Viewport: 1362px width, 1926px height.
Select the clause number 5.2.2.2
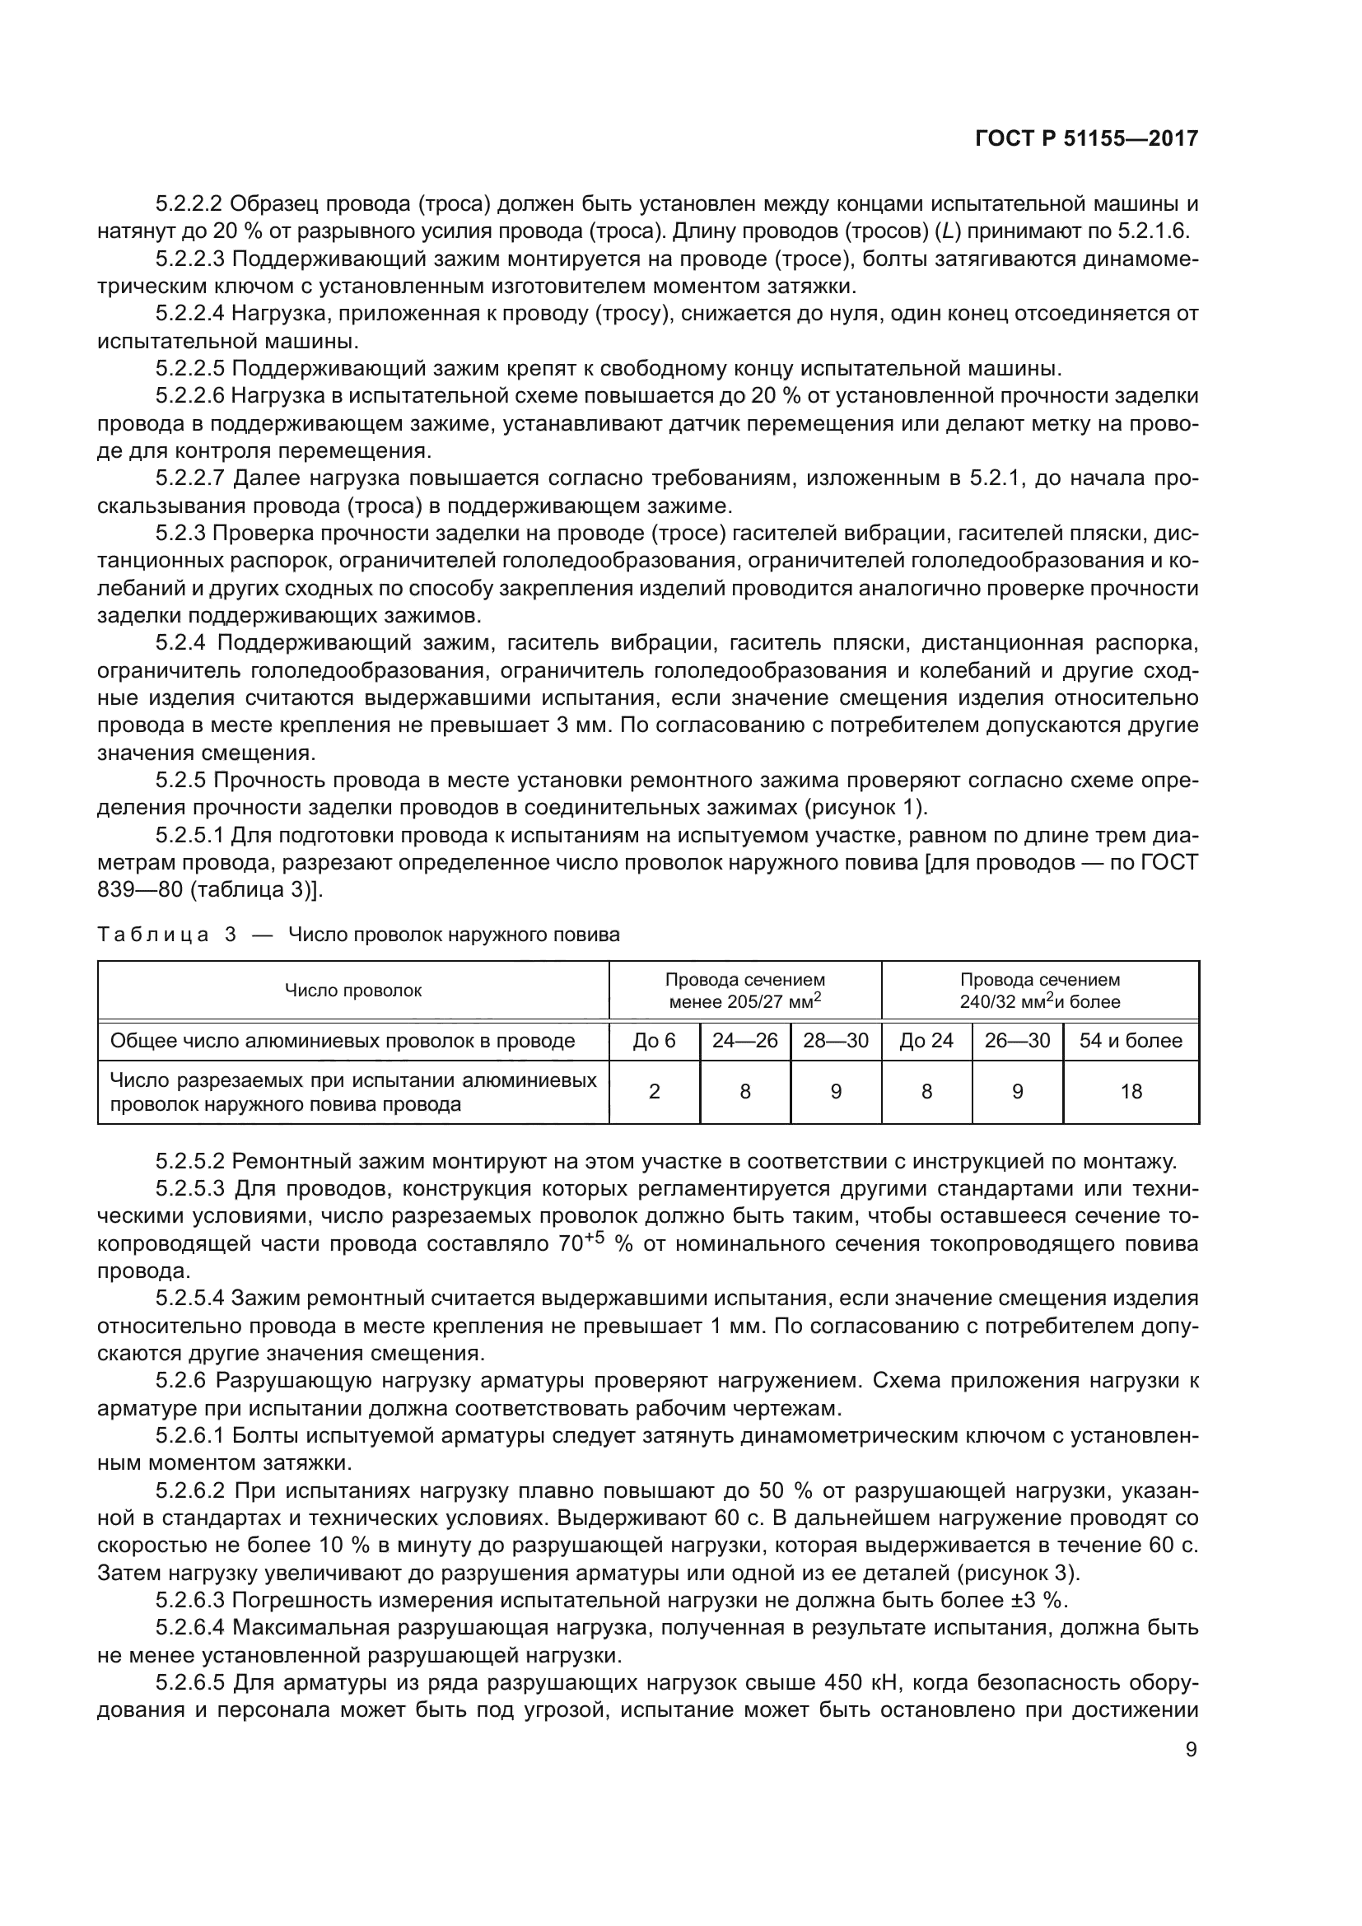189,204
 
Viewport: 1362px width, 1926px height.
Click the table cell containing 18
1131,1091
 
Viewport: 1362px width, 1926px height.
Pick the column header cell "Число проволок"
353,991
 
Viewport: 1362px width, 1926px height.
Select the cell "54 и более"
1131,1041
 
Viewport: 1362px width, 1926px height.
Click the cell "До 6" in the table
654,1041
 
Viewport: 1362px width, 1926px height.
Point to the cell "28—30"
835,1041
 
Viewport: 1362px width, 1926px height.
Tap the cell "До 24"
926,1041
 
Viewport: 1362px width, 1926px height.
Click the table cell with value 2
654,1091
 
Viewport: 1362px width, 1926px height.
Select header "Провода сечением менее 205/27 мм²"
744,991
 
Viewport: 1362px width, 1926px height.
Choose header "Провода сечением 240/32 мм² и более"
1040,991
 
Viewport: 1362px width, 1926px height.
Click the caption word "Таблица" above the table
152,935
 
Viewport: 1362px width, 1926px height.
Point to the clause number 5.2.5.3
189,1190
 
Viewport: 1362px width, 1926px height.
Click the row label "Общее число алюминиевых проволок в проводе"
343,1041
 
